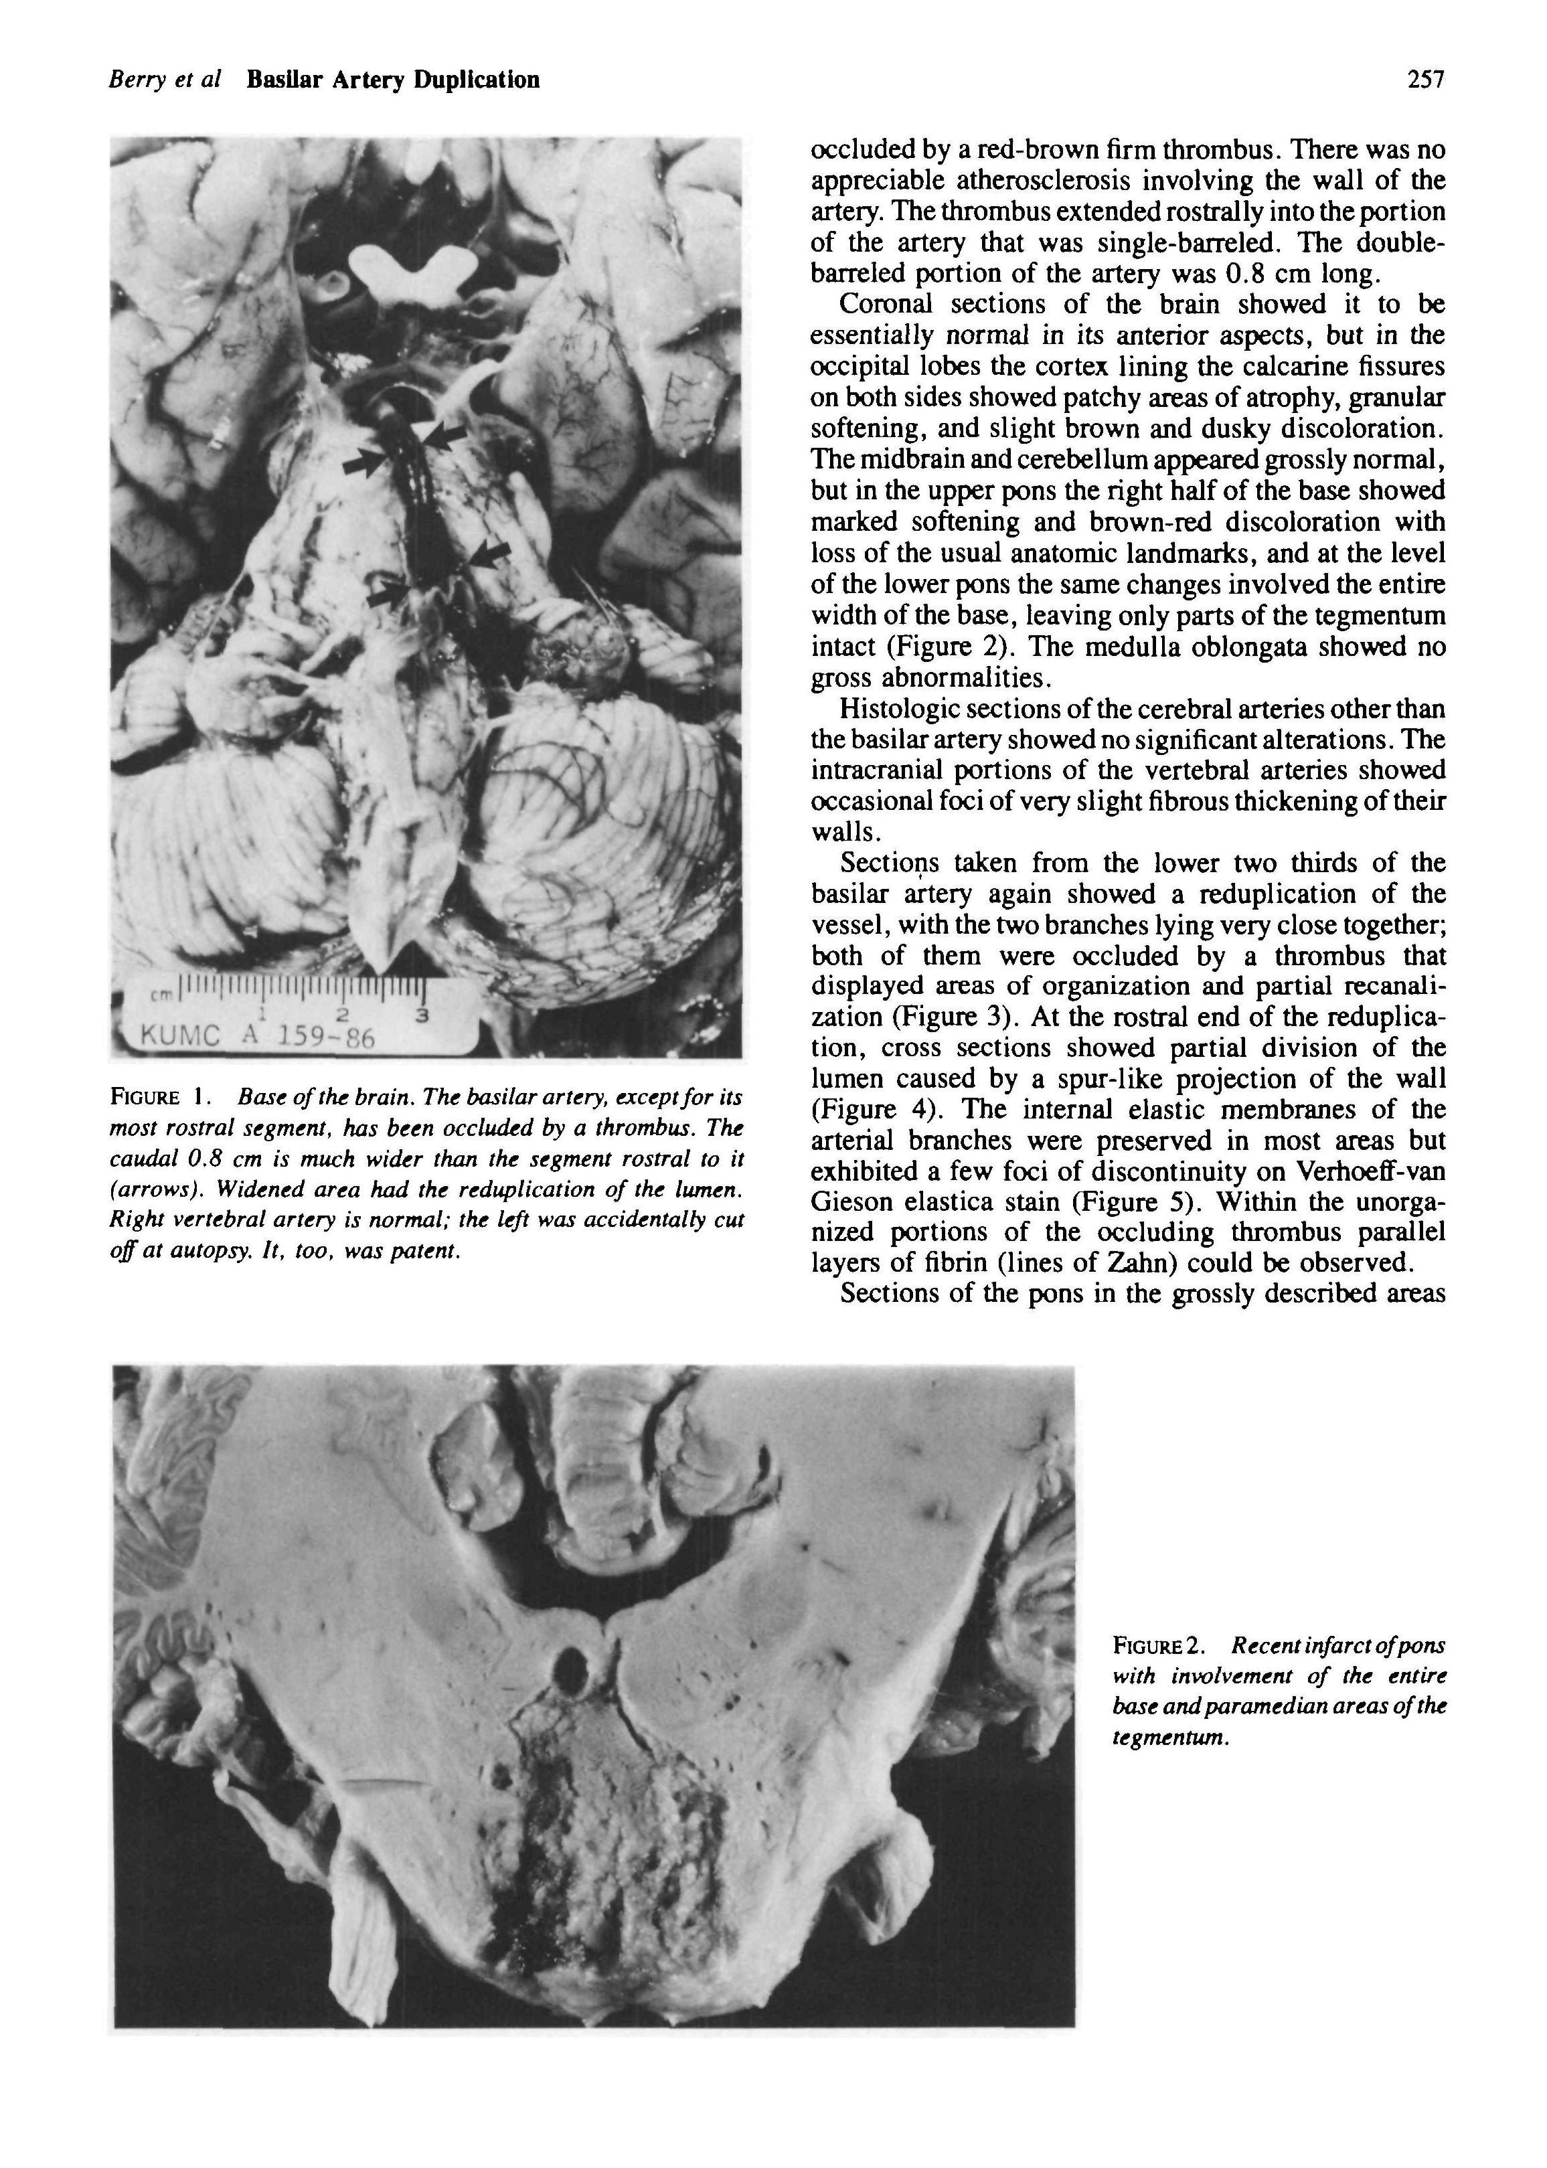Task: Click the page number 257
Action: coord(1426,80)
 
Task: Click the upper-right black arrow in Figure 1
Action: coord(445,436)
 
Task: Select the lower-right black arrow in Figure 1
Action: coord(488,554)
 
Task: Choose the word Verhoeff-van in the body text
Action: coord(1372,1171)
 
